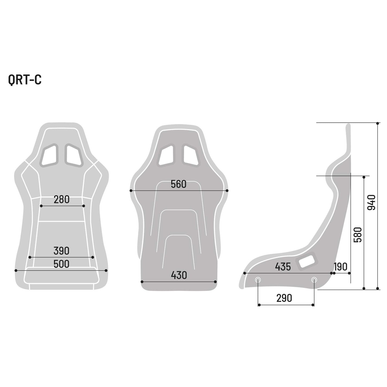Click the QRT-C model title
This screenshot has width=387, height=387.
click(x=25, y=80)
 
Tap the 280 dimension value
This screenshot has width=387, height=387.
click(x=62, y=200)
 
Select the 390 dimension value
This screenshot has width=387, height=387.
click(x=61, y=251)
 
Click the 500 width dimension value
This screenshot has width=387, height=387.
click(x=61, y=264)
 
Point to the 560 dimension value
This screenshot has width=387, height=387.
click(x=179, y=184)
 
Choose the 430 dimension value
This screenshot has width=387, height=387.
click(x=179, y=275)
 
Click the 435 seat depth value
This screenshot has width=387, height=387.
click(x=283, y=267)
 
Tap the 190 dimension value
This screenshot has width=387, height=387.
click(x=340, y=267)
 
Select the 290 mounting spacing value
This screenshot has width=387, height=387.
click(x=284, y=298)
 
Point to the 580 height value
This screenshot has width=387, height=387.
click(x=358, y=235)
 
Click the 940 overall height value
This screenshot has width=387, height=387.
click(x=371, y=202)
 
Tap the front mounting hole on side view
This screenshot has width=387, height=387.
click(x=258, y=280)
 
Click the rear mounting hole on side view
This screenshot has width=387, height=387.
click(x=314, y=280)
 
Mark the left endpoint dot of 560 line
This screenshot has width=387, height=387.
click(x=131, y=191)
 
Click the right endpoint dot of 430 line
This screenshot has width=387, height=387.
click(x=216, y=282)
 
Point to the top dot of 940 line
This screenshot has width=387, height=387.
click(x=377, y=123)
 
